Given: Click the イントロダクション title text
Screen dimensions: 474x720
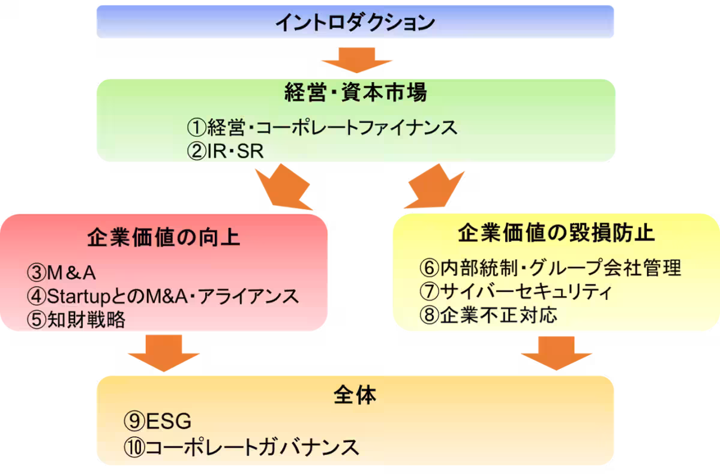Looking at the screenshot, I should [x=355, y=22].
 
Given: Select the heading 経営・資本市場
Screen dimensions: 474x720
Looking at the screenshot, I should [x=355, y=94].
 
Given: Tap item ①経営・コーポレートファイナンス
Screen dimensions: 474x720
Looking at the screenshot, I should [x=322, y=127].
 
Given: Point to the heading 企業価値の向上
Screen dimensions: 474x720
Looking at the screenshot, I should [x=163, y=237].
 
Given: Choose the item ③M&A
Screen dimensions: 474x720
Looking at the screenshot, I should [x=62, y=273].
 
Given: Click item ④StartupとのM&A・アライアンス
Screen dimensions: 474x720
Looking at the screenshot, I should [x=163, y=296].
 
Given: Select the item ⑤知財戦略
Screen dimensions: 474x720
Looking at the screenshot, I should [x=76, y=320].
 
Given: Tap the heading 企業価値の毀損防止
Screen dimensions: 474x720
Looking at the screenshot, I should [x=556, y=233].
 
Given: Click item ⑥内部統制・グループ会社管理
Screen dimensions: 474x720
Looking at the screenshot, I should [x=550, y=268].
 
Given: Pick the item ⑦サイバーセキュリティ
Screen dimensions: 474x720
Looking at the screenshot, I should [x=515, y=291].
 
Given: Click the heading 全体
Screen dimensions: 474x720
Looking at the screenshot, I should [x=355, y=395].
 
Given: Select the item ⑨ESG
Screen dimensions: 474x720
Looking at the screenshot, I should [x=158, y=422].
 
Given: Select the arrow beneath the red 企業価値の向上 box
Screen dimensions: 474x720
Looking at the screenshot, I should [x=163, y=352].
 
